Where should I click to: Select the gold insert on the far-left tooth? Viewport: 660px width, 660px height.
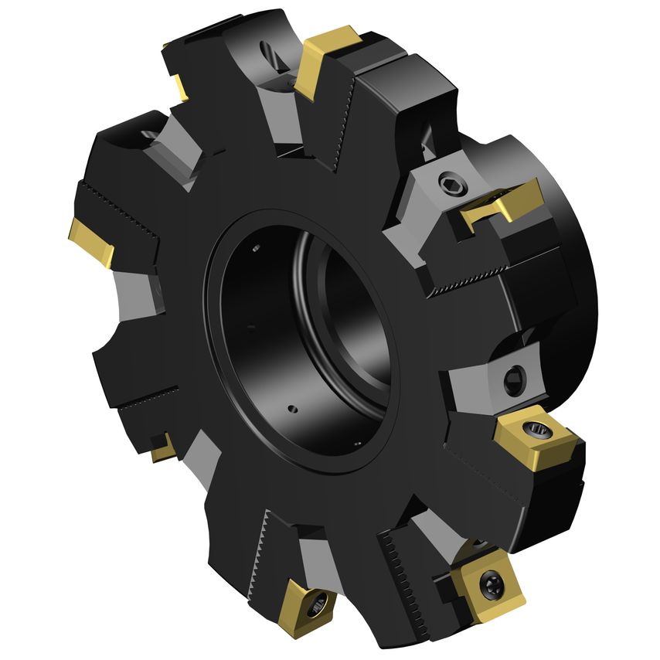click(x=91, y=240)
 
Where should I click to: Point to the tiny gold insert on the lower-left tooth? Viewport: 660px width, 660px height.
click(x=163, y=448)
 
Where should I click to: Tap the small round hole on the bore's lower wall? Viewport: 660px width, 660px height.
click(x=292, y=408)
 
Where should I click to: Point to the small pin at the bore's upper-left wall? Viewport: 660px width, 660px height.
click(x=256, y=248)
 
